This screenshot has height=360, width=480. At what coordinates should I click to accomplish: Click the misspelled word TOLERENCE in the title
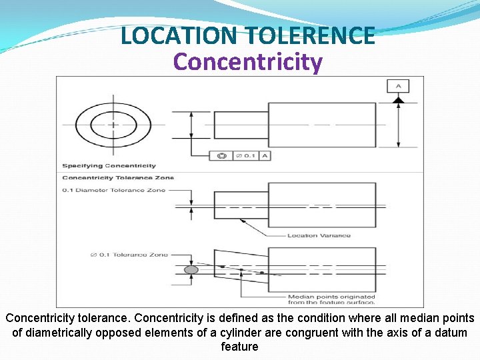tap(310, 35)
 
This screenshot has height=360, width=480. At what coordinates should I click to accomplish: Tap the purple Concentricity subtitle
tap(247, 62)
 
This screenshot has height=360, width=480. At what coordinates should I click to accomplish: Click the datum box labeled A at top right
tap(398, 86)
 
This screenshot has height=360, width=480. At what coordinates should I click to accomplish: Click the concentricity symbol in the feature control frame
tap(222, 155)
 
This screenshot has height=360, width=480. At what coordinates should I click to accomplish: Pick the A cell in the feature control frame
tap(265, 155)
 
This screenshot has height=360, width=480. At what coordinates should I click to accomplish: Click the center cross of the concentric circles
tap(113, 124)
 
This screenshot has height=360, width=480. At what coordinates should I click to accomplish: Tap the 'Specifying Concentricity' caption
tap(109, 165)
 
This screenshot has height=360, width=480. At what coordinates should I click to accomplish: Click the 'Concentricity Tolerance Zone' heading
tap(118, 177)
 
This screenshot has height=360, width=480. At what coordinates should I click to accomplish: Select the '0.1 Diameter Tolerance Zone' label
tap(113, 190)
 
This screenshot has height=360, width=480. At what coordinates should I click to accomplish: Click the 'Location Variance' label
tap(319, 235)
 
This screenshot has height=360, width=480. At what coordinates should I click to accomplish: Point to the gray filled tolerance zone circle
tap(191, 269)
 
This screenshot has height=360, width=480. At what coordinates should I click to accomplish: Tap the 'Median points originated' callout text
tap(331, 297)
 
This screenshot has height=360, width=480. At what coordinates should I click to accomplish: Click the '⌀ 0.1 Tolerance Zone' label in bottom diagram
tap(129, 255)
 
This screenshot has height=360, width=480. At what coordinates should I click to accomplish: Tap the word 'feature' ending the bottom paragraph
tap(239, 347)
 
